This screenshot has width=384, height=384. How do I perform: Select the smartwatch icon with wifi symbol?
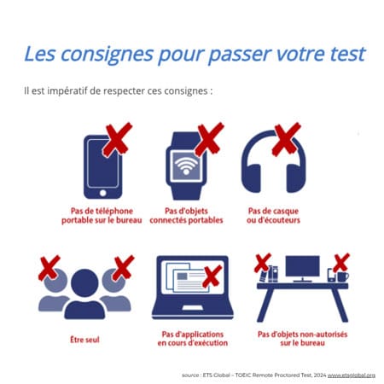[184, 166]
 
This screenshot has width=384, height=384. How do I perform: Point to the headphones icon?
[273, 166]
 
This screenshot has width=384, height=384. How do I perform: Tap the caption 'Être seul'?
[84, 339]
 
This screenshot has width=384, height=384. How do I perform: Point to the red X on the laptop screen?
[209, 275]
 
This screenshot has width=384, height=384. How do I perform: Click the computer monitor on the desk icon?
[302, 269]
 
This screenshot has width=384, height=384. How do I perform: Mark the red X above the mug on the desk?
[342, 260]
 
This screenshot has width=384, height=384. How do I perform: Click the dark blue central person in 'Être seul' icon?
[84, 294]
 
